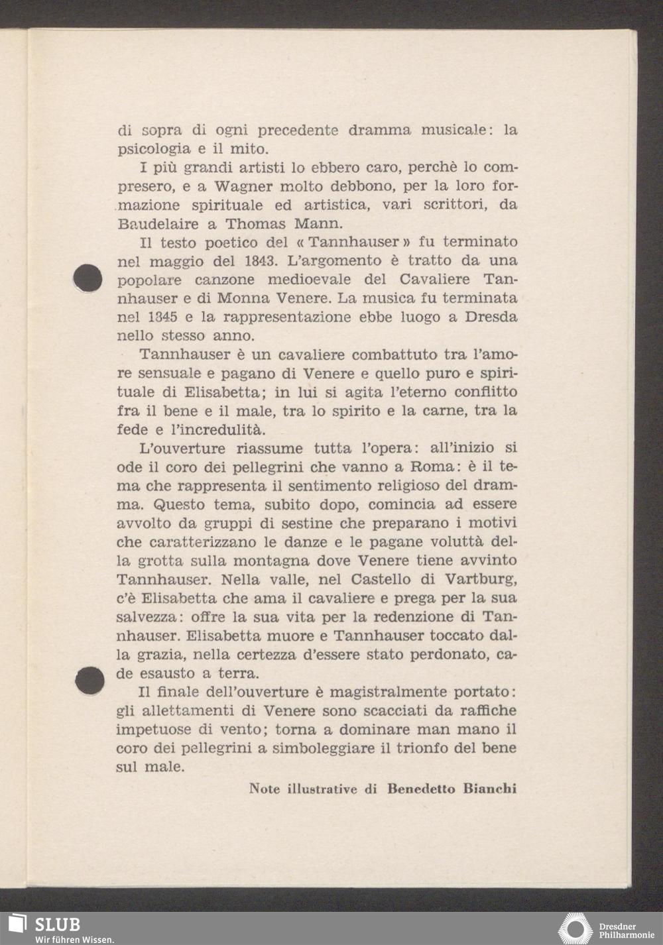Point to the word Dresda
(x=491, y=317)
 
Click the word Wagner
(x=245, y=186)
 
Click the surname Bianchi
(x=489, y=789)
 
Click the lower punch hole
(x=90, y=680)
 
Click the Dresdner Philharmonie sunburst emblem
(x=575, y=929)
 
